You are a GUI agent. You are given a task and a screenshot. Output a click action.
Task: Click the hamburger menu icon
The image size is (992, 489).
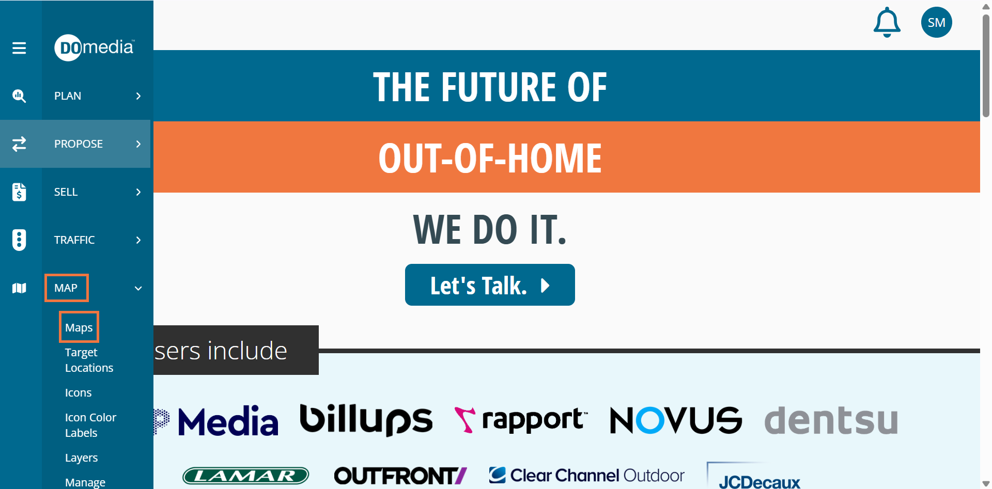coord(19,48)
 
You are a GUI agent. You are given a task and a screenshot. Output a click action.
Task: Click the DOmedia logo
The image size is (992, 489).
coord(95,48)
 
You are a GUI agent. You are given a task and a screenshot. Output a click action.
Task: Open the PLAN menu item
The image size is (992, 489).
coord(68,96)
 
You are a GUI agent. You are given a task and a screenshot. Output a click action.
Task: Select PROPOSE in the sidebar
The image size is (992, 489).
coord(79,144)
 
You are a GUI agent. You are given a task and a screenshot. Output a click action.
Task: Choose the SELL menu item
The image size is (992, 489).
coord(66,192)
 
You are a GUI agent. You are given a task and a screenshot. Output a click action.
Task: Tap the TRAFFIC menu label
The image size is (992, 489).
coord(74,240)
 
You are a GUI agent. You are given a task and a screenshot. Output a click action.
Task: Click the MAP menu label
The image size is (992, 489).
coord(66,288)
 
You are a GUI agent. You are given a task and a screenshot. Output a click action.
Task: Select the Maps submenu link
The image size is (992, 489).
coord(79,328)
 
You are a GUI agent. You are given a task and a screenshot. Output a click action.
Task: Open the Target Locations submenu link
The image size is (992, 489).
coord(89,360)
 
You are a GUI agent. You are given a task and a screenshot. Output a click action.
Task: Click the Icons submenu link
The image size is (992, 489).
coord(79,393)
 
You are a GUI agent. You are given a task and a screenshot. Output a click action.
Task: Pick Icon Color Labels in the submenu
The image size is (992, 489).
coord(90,425)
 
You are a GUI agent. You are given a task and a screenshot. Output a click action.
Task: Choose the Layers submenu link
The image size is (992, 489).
coord(81,458)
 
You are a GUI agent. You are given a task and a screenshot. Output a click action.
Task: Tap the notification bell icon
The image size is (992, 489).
coord(887,22)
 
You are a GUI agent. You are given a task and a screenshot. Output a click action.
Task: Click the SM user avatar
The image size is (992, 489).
coord(937,22)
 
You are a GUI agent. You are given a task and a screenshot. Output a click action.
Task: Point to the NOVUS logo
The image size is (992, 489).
coord(676,420)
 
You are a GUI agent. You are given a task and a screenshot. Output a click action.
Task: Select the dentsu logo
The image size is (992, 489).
coord(831,420)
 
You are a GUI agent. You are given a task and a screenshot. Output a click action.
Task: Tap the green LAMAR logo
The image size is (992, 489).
coord(246,476)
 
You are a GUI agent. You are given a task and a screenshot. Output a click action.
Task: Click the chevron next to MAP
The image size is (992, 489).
coord(138,289)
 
